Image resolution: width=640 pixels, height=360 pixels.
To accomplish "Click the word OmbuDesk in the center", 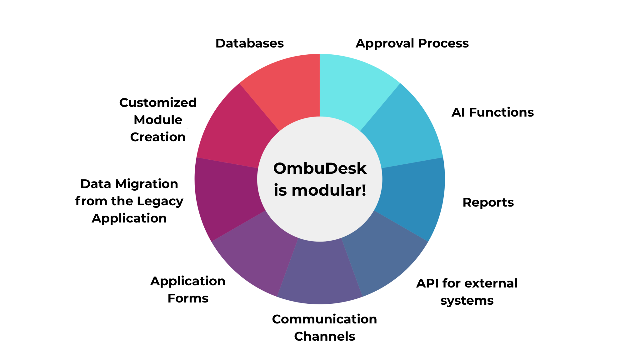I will coord(320,169).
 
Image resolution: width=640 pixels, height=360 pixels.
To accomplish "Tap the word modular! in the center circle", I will coord(329,190).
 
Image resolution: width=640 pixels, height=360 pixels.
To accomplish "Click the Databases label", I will coord(249,43).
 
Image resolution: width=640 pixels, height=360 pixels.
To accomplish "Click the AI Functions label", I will coord(492,112).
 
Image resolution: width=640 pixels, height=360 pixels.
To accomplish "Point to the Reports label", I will coord(488,202).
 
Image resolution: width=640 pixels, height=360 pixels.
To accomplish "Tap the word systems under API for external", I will coord(467,301).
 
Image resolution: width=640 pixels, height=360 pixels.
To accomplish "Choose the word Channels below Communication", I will coord(324,336).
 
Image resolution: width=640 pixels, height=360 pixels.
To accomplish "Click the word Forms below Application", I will coord(188,298).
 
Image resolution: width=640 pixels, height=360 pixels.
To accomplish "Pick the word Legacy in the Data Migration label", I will coord(160,201).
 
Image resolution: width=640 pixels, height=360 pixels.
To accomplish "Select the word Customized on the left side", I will coord(158,102).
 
